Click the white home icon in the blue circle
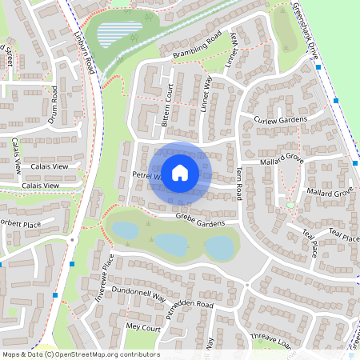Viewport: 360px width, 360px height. point(180,172)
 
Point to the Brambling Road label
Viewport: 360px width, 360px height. point(197,47)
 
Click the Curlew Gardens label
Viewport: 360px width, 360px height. point(280,120)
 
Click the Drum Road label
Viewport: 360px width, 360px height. point(52,104)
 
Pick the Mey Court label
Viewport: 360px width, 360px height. point(144,327)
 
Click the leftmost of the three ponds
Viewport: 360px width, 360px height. point(126,230)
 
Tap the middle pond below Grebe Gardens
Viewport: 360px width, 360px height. point(170,243)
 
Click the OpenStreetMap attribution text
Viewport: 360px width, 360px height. point(80,354)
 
